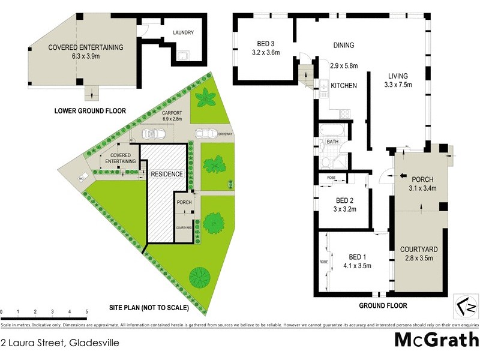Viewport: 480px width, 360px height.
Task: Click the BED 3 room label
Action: click(262, 43)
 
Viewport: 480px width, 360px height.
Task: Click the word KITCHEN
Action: click(344, 86)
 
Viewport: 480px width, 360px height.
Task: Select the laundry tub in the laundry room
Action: click(183, 57)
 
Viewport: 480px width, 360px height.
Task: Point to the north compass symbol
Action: click(466, 305)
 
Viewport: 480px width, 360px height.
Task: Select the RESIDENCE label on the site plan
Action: click(167, 173)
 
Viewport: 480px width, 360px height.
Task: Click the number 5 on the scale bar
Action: click(87, 312)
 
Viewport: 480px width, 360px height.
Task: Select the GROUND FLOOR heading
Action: click(383, 305)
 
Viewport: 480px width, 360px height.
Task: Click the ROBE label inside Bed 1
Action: click(323, 262)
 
